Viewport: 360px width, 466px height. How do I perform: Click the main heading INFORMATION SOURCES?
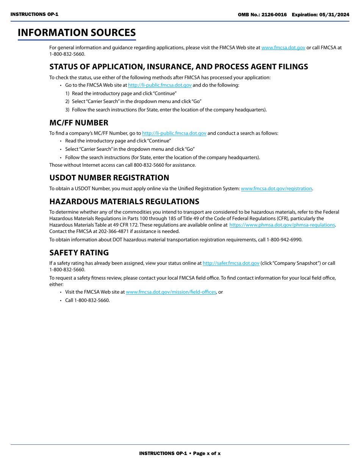(77, 33)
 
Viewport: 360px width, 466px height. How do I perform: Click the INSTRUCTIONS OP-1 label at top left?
(34, 14)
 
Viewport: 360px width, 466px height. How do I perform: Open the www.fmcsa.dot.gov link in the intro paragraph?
(283, 48)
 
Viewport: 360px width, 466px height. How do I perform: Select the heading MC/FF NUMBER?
(79, 123)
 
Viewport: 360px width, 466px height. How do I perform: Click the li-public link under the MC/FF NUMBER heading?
(174, 133)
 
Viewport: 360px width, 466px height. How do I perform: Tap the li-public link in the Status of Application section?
(160, 85)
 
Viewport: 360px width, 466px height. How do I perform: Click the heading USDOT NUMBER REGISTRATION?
(109, 178)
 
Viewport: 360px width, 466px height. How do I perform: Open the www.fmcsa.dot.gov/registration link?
(276, 189)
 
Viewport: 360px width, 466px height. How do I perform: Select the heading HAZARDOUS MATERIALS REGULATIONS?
(124, 202)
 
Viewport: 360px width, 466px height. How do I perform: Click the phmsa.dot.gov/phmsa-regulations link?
(282, 225)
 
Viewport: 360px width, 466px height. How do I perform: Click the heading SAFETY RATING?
(79, 253)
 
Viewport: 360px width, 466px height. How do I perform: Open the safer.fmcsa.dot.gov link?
(231, 263)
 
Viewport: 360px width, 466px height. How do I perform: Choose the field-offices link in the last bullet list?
(171, 292)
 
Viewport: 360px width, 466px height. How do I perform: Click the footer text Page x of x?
(207, 453)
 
